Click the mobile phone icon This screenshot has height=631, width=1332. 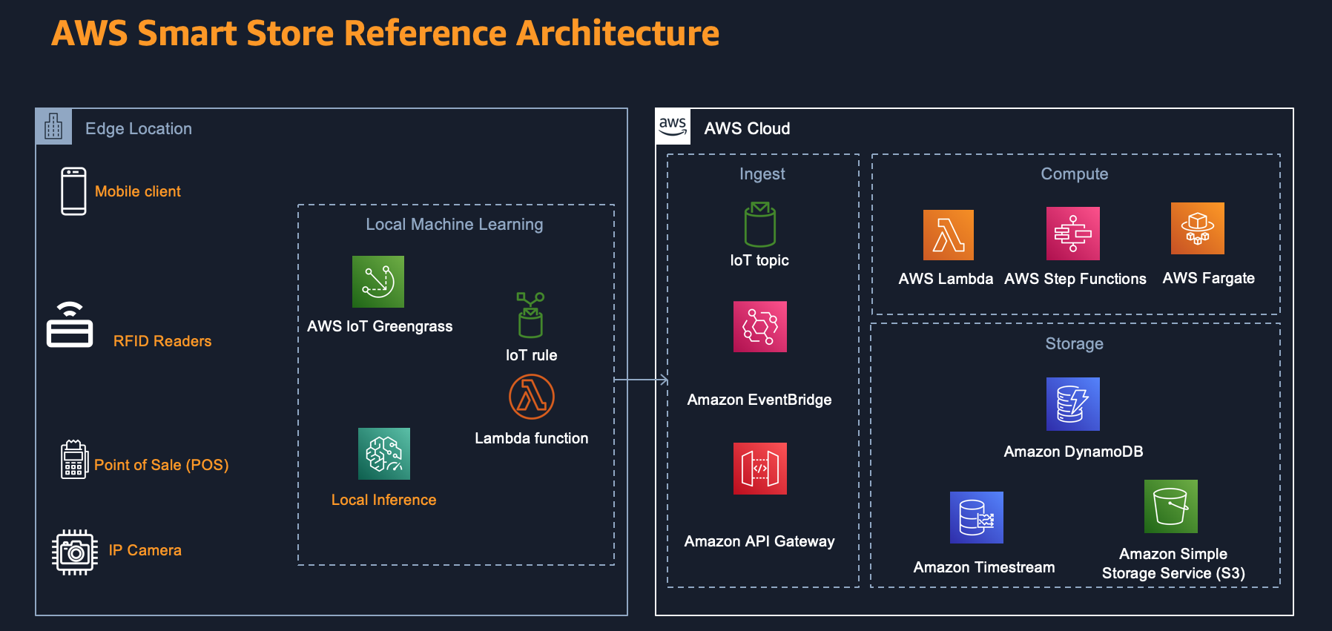73,191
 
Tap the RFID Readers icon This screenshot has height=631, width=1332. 70,326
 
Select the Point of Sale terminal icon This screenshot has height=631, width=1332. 73,459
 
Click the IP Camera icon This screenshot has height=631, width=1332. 75,552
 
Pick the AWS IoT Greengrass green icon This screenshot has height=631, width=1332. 378,282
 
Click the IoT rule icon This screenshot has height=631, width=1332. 530,314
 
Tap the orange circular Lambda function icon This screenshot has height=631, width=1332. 532,397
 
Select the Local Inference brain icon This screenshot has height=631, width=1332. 384,454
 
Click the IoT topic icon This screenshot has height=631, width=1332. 759,225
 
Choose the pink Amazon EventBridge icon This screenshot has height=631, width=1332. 759,326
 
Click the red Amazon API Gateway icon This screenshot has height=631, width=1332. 759,469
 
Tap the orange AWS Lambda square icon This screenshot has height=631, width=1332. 948,235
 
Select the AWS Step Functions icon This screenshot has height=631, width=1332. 1072,234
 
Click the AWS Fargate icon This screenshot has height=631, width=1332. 1197,228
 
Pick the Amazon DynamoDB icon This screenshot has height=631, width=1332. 1072,404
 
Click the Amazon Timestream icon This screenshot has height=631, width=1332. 976,518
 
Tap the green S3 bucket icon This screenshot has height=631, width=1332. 1170,506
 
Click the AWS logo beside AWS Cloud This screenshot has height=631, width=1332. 673,126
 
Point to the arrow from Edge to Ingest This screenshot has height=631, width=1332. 641,380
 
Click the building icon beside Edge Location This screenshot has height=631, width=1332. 53,127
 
